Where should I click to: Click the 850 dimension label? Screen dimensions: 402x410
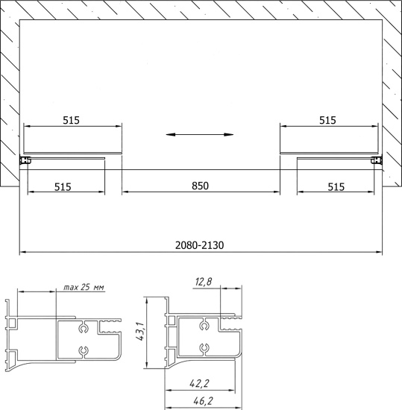(200, 186)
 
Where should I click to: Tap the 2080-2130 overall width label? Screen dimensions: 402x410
(199, 245)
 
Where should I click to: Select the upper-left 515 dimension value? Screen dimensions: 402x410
(71, 120)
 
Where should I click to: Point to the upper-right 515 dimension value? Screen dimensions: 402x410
(327, 120)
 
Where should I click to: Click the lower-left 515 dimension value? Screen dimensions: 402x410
(63, 187)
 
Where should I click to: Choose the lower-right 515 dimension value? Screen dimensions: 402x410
(336, 187)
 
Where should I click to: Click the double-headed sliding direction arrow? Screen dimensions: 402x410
(200, 135)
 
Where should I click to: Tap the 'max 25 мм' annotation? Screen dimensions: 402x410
(84, 287)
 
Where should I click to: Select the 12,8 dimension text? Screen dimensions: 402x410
(204, 282)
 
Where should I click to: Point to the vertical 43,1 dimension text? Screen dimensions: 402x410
(140, 331)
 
